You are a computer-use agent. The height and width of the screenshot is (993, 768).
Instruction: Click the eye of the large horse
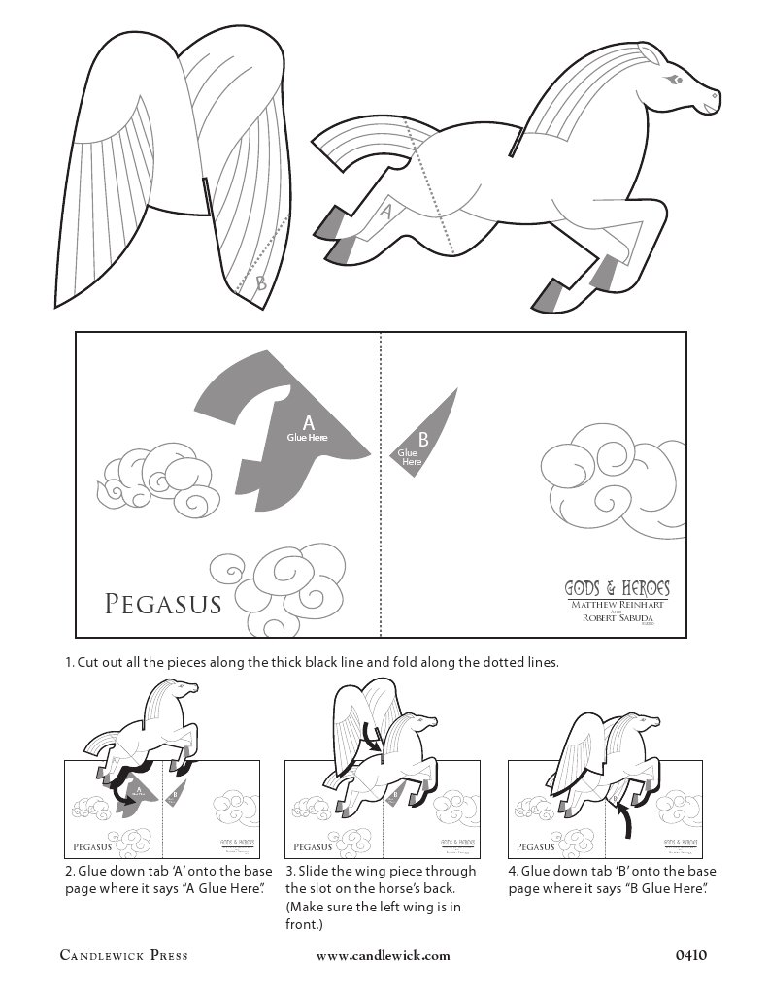pos(674,76)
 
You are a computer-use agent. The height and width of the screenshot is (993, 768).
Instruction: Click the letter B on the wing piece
pos(260,284)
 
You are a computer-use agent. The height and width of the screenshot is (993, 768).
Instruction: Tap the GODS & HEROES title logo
pos(618,588)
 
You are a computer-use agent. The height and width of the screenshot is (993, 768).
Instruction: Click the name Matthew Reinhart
pos(618,604)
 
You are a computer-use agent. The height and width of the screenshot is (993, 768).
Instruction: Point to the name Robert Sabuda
pos(618,618)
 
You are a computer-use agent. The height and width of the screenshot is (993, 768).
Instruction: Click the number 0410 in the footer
pos(690,955)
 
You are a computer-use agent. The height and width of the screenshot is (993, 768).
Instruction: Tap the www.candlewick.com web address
pos(384,955)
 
